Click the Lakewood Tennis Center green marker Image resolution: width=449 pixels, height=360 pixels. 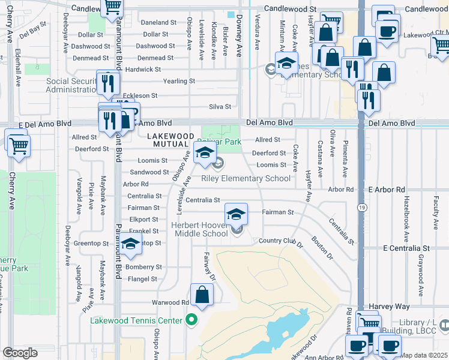(191, 320)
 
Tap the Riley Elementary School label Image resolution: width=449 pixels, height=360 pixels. (246, 178)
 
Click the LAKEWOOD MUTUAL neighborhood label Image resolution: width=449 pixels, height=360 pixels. (170, 140)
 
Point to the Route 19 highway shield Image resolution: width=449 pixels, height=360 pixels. (361, 206)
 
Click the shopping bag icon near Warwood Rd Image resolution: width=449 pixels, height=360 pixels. (203, 295)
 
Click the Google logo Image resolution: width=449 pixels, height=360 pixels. (20, 353)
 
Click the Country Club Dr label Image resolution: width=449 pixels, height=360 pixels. (281, 241)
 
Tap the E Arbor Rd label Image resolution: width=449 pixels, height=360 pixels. (388, 190)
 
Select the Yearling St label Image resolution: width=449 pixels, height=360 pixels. (179, 81)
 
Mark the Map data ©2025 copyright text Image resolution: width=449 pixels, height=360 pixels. (424, 355)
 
